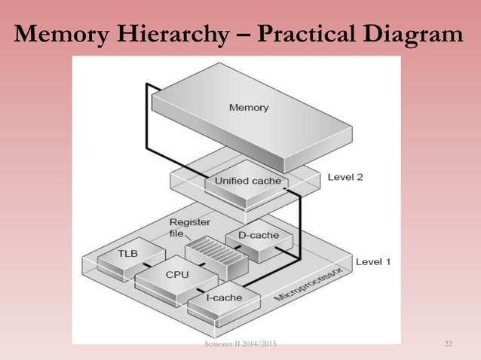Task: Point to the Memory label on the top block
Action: (249, 107)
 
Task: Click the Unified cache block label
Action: (247, 181)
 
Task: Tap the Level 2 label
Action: (345, 178)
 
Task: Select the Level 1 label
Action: (373, 262)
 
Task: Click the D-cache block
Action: (259, 236)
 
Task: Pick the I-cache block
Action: (224, 297)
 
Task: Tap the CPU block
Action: (177, 276)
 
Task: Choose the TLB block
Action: (126, 254)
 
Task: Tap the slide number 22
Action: (449, 344)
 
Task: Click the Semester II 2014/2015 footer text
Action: (240, 344)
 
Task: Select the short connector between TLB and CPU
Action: (151, 265)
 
